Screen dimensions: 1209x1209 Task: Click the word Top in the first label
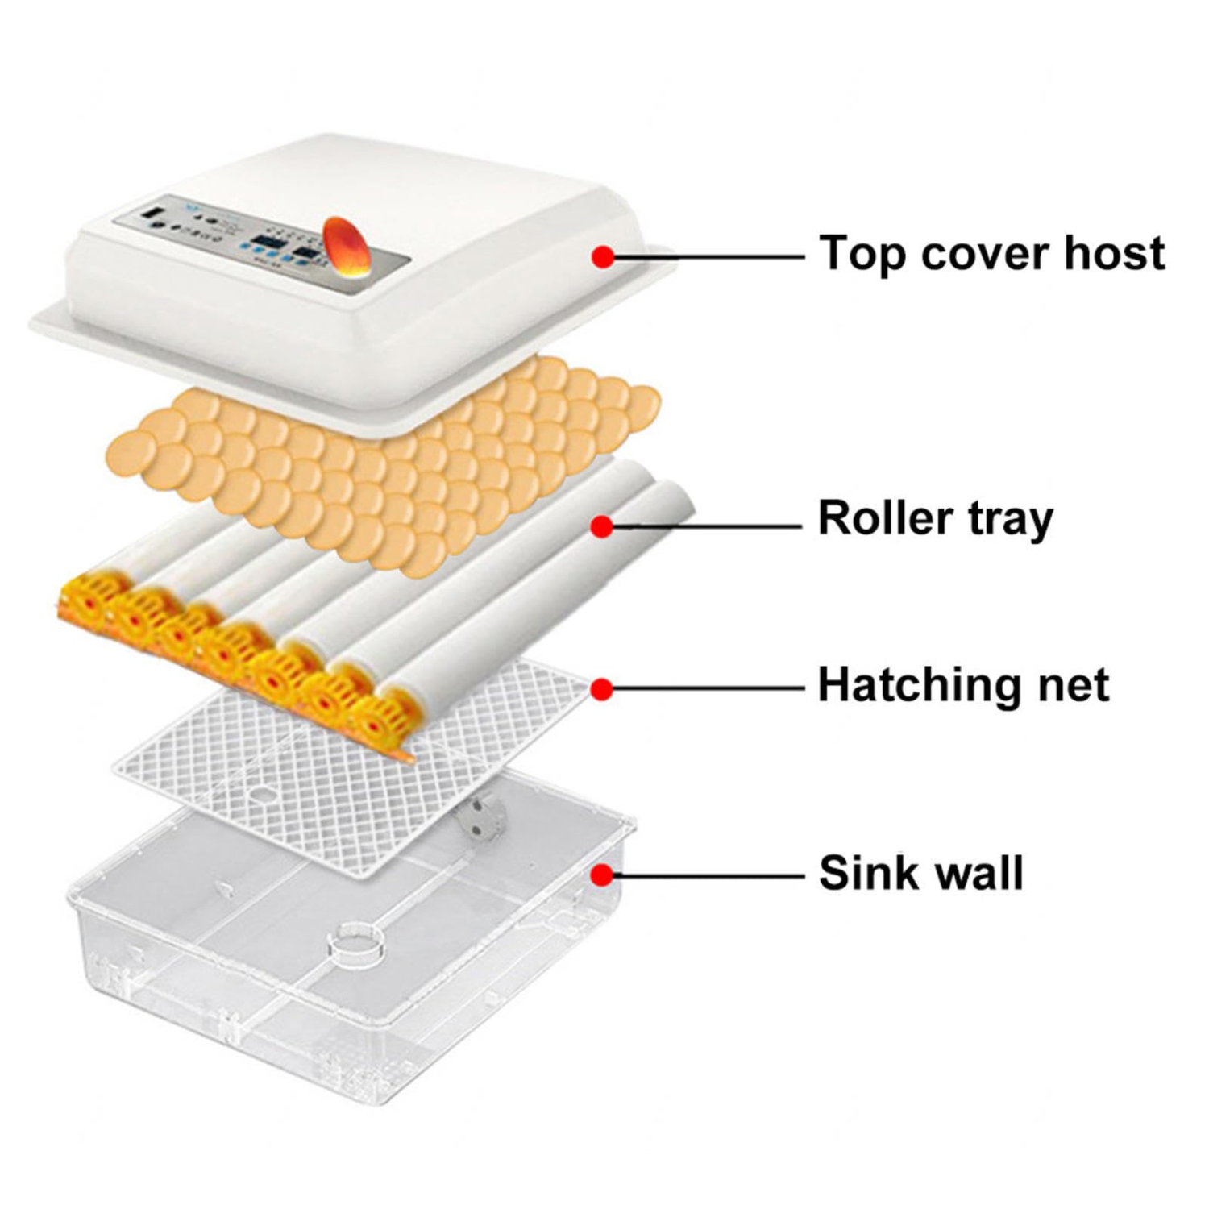(x=862, y=254)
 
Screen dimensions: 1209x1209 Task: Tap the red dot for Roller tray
(x=601, y=526)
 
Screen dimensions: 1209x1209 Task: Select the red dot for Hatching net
(x=601, y=689)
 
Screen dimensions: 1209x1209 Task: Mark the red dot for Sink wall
(x=601, y=875)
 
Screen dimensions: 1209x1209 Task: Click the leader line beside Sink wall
(x=709, y=875)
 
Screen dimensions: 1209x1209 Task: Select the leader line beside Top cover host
(x=709, y=257)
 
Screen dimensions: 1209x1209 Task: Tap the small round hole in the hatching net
(x=260, y=795)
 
